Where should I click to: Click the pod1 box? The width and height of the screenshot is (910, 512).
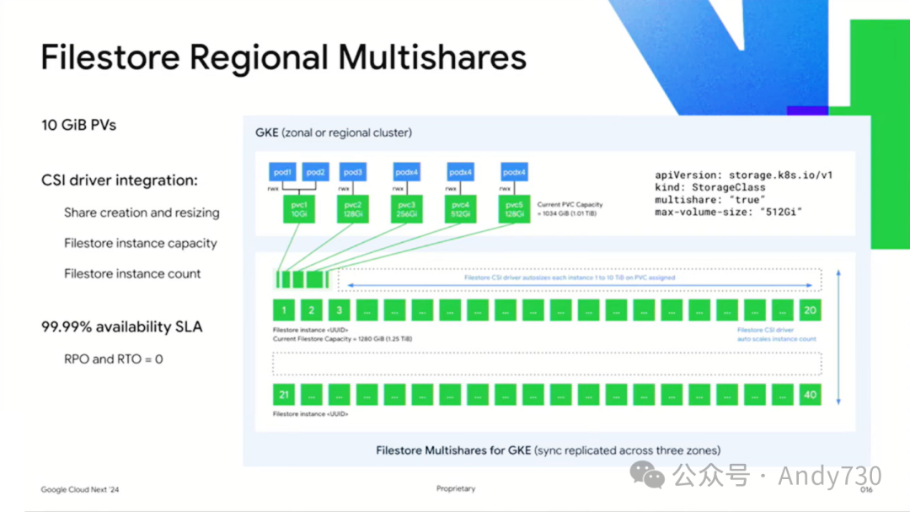(281, 172)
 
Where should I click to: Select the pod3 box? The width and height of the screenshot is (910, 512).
(352, 172)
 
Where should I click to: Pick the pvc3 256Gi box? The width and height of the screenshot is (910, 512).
(406, 209)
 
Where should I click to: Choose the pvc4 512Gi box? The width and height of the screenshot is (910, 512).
(460, 209)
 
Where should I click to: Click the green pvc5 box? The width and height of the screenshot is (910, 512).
(514, 209)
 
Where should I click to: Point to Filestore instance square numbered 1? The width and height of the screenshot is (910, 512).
(284, 310)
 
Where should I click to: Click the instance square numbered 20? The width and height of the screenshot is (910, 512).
(810, 310)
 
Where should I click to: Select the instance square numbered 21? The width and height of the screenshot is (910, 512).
(284, 394)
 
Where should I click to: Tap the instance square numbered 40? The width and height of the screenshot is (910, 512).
(810, 394)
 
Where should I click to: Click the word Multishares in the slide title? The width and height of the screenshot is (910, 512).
(432, 57)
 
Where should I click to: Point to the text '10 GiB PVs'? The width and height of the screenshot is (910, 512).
(78, 125)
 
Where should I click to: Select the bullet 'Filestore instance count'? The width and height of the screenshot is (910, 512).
(132, 273)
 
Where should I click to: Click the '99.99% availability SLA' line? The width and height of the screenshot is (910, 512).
(122, 326)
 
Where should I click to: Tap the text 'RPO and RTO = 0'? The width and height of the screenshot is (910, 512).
(114, 358)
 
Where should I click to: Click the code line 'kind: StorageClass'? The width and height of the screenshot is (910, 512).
(709, 187)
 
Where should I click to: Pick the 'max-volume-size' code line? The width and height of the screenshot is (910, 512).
(728, 212)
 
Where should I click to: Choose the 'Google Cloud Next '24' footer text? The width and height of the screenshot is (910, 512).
(80, 489)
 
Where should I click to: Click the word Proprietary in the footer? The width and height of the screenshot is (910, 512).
(456, 488)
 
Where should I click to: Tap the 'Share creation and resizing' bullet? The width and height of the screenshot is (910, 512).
(142, 213)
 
